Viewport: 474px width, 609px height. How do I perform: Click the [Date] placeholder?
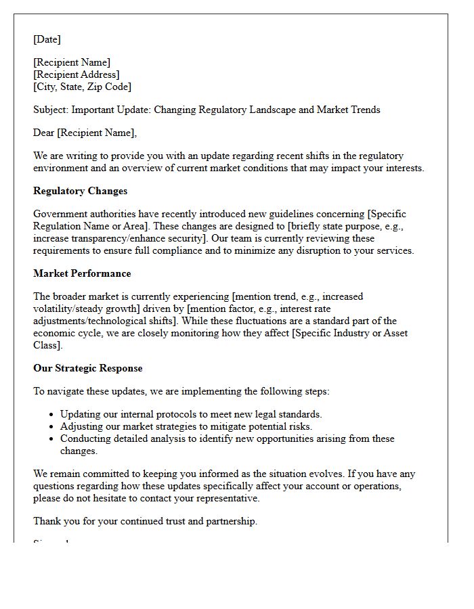(x=47, y=39)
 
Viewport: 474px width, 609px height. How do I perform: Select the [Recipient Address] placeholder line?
(x=77, y=74)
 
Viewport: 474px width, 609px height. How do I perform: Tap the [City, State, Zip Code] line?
(x=83, y=87)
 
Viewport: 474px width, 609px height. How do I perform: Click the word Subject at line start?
(x=50, y=110)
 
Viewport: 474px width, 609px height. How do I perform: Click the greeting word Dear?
(x=44, y=133)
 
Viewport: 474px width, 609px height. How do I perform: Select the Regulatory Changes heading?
(x=80, y=191)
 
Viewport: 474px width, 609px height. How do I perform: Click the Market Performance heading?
(x=82, y=273)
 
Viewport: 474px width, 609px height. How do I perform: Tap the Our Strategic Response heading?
(x=88, y=368)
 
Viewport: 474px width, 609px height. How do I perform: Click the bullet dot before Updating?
(x=52, y=414)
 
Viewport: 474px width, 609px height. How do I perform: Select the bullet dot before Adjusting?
(x=52, y=426)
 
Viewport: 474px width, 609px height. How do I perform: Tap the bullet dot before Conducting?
(x=52, y=438)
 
